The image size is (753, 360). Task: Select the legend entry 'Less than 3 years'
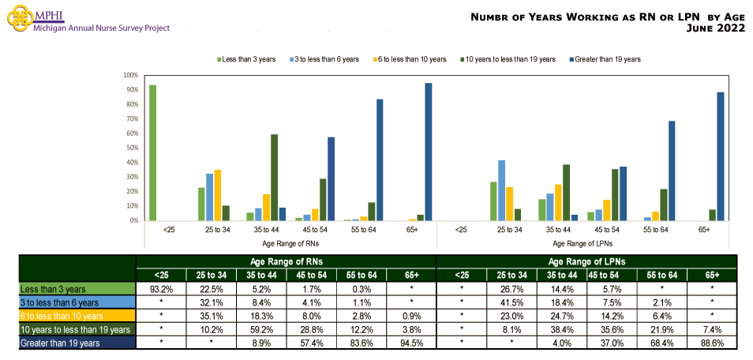coord(247,59)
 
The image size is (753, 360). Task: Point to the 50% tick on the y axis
coord(130,148)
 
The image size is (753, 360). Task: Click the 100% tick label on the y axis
coord(129,75)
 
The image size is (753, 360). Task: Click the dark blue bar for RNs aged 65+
coord(429,152)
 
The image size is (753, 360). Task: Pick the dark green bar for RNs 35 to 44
coord(274,178)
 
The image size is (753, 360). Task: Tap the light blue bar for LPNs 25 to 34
coord(501,190)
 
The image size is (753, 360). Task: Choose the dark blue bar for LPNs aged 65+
coord(720,156)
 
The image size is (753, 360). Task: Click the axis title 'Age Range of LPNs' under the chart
coord(582,244)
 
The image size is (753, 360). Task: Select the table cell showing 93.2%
coord(161,289)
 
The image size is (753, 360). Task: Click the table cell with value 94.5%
coord(410,341)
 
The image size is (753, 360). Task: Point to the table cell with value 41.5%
coord(511,302)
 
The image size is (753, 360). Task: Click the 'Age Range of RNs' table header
coord(286,261)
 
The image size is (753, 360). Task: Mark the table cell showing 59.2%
coord(260,328)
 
